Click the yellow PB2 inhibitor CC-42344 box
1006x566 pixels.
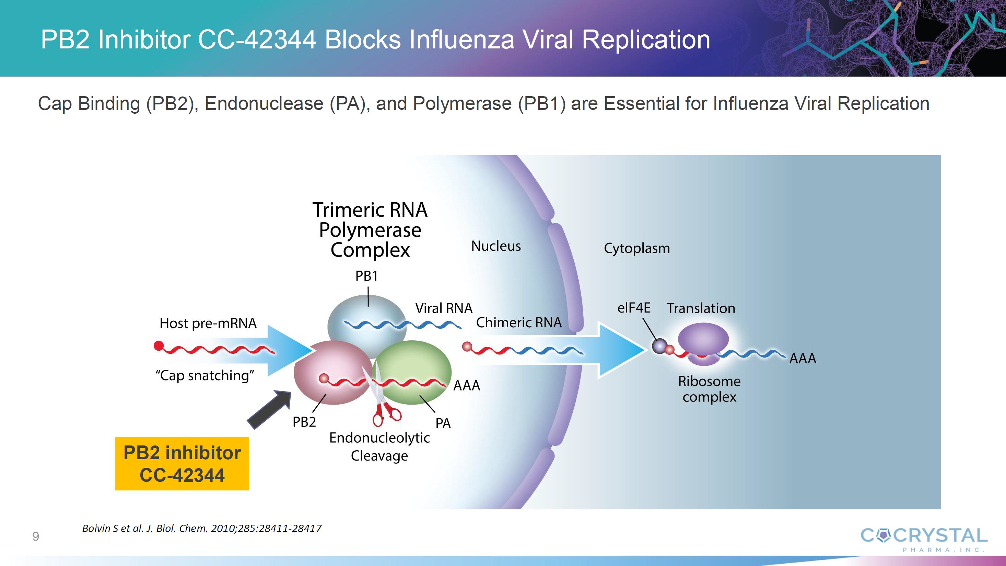pyautogui.click(x=182, y=463)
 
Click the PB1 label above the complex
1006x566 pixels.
pyautogui.click(x=366, y=276)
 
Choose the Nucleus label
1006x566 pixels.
pyautogui.click(x=496, y=246)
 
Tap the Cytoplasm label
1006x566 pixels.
pyautogui.click(x=636, y=248)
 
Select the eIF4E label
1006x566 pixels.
pyautogui.click(x=633, y=308)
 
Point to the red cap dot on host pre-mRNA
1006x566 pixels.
pyautogui.click(x=159, y=346)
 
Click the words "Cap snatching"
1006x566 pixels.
pyautogui.click(x=204, y=375)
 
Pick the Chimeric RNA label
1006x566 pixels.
pyautogui.click(x=519, y=322)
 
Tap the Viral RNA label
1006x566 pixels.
pyautogui.click(x=444, y=308)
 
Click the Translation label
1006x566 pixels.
pyautogui.click(x=701, y=308)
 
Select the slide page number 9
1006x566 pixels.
pyautogui.click(x=36, y=536)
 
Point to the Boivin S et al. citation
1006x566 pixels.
pyautogui.click(x=201, y=529)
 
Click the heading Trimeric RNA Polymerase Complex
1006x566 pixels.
pyautogui.click(x=370, y=230)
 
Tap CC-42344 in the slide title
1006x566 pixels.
pyautogui.click(x=257, y=39)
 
